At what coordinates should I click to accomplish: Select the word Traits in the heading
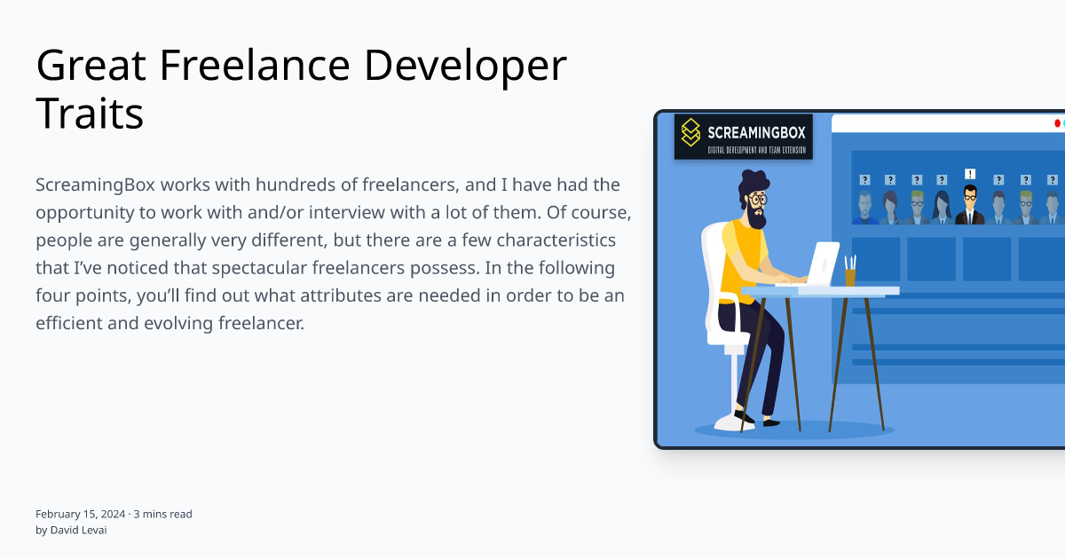(90, 114)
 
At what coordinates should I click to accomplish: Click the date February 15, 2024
(81, 514)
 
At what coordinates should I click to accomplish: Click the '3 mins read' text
(162, 514)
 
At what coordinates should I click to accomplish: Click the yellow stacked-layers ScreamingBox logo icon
(690, 133)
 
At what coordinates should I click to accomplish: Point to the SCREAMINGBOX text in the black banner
(756, 133)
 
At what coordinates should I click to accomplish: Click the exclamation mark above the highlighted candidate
(970, 174)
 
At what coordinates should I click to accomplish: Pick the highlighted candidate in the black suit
(970, 206)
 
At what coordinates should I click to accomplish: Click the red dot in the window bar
(1057, 123)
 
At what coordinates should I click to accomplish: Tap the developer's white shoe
(733, 421)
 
